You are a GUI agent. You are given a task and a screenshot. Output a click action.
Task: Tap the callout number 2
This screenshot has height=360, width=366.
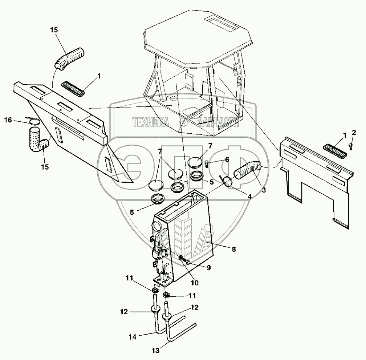tap(354, 132)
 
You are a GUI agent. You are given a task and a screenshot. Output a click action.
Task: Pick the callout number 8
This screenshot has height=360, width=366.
tap(234, 249)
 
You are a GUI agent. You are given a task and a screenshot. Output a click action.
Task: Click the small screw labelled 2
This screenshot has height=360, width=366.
tap(350, 146)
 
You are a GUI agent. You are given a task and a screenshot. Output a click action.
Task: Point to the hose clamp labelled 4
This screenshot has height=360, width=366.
tap(227, 181)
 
